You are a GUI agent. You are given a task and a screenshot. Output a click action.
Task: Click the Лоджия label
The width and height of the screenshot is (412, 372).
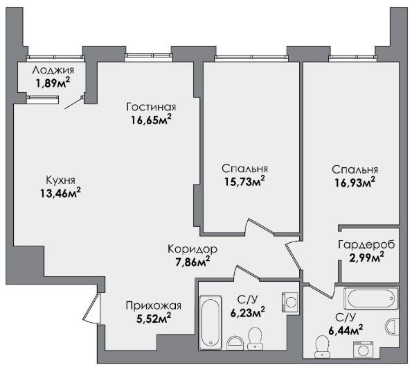pos(53,70)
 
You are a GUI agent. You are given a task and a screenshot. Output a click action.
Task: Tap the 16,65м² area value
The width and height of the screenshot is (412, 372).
pos(152,120)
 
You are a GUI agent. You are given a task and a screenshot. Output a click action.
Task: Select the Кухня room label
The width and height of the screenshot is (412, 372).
pos(61,180)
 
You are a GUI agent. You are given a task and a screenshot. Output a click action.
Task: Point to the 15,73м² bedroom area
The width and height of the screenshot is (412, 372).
pos(244,181)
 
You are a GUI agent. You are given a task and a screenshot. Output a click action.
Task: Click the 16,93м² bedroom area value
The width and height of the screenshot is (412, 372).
pos(355,182)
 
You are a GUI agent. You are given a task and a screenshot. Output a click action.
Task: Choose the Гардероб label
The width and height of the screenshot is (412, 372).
pos(366,244)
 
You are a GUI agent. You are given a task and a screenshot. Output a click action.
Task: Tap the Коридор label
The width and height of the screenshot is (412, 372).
pos(192,248)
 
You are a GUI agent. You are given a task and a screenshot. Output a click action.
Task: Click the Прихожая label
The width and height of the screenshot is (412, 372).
pos(154,306)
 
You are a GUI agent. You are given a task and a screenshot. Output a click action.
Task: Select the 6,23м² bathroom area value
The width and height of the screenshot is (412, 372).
pos(247,312)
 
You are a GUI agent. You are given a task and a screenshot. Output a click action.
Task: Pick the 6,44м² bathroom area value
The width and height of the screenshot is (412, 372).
pos(346,330)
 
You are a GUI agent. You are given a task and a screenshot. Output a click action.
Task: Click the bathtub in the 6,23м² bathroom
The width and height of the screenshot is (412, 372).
pos(211,323)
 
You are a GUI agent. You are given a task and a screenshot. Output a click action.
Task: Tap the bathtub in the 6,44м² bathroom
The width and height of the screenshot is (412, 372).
pos(371,298)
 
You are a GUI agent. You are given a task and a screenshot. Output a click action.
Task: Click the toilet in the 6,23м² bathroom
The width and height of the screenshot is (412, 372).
pos(255,339)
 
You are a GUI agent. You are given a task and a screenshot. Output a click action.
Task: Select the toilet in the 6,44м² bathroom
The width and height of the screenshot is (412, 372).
pos(322,347)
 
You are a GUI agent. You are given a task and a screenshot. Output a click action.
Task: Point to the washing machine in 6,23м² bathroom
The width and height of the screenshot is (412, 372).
pos(290,302)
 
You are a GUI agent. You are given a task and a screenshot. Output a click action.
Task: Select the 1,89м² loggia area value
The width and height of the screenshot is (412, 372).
pos(53,83)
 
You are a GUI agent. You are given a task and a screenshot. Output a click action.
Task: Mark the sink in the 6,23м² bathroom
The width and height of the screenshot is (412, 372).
pos(235,343)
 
